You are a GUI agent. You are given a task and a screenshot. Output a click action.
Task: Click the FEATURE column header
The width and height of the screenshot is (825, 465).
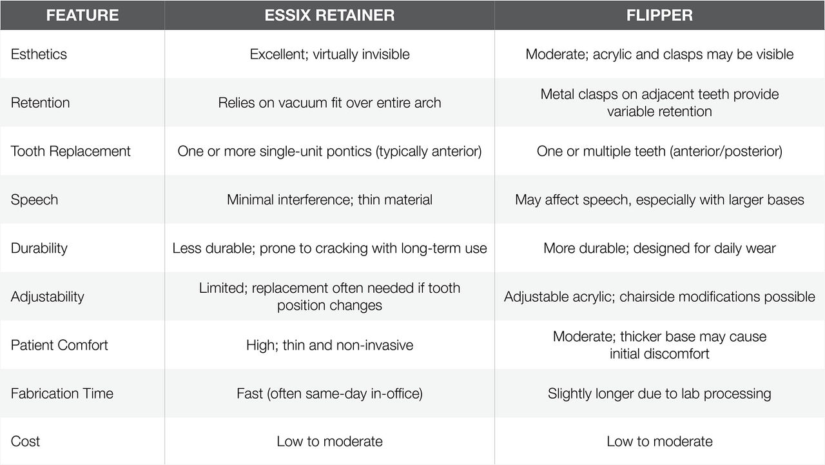[82, 15]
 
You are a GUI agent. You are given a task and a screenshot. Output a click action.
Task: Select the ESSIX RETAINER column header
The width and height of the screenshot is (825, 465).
[329, 15]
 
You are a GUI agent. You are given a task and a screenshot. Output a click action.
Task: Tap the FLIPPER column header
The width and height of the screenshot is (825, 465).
[659, 15]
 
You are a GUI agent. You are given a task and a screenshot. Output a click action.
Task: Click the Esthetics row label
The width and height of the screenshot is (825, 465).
[39, 54]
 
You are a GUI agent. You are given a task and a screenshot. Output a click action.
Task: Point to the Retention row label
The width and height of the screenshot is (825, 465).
[40, 103]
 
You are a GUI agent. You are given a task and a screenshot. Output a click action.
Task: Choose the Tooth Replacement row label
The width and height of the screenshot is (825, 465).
[70, 151]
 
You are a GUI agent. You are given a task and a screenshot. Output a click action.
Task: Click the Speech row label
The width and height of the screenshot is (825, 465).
[34, 200]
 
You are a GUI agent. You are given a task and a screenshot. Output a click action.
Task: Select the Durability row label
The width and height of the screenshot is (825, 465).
[39, 248]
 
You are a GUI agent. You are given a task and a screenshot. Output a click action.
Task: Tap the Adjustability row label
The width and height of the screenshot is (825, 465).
[47, 297]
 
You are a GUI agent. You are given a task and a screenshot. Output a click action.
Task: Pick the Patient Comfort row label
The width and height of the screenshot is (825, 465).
[59, 345]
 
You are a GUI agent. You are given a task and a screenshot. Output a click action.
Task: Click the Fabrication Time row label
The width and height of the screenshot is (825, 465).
[62, 393]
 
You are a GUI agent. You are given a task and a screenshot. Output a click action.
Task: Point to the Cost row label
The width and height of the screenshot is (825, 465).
[25, 441]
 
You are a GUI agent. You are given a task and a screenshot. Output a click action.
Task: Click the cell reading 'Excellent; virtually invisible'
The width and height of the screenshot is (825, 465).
[329, 54]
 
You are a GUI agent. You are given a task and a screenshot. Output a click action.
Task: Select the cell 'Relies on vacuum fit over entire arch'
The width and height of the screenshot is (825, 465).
[329, 103]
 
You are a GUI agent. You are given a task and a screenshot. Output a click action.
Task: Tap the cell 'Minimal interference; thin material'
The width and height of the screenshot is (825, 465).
[329, 200]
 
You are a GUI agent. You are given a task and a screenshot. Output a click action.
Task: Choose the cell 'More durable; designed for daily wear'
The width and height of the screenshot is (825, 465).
[659, 248]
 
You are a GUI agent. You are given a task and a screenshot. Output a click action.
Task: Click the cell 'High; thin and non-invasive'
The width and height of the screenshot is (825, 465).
[329, 345]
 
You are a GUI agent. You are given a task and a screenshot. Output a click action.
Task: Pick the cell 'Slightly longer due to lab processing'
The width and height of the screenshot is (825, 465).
[659, 393]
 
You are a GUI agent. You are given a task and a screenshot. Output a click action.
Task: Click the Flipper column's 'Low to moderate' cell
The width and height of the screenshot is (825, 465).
[659, 441]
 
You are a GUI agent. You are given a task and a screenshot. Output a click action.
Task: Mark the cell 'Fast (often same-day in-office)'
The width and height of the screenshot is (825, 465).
[329, 393]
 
